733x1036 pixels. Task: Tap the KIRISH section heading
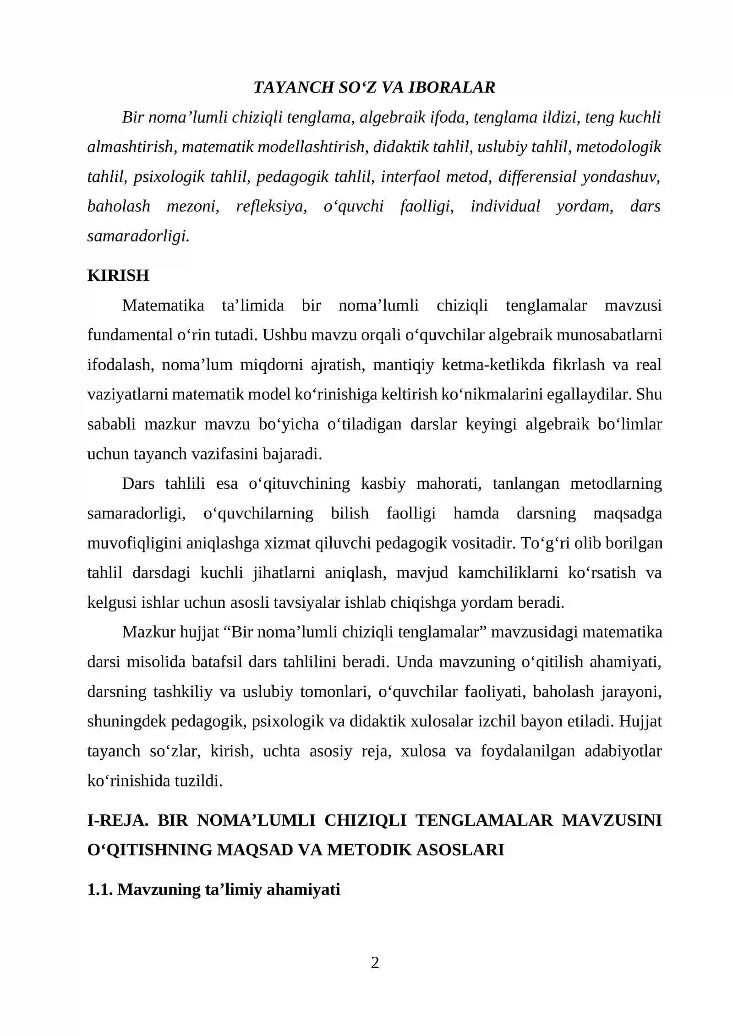click(118, 275)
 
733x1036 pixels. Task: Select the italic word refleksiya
click(271, 206)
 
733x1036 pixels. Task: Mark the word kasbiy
click(383, 483)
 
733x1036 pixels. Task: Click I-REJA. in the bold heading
click(118, 820)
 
